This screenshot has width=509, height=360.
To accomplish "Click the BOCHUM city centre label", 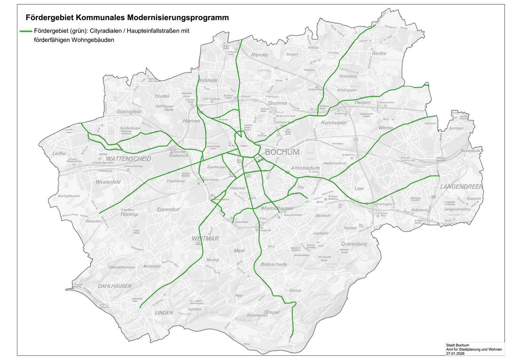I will pyautogui.click(x=282, y=152).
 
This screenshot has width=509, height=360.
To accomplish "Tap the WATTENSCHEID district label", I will pyautogui.click(x=128, y=159).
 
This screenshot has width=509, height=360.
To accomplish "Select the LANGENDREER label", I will pyautogui.click(x=461, y=187).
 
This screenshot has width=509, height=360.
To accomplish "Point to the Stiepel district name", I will pyautogui.click(x=271, y=312).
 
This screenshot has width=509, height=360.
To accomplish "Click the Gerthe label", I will pyautogui.click(x=379, y=53).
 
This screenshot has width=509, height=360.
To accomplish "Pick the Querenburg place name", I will pyautogui.click(x=354, y=244).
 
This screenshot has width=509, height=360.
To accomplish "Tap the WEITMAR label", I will pyautogui.click(x=205, y=239).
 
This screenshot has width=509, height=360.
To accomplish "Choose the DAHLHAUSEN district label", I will pyautogui.click(x=115, y=286).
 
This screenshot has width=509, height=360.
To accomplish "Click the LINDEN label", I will pyautogui.click(x=164, y=312).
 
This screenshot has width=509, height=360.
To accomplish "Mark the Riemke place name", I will pyautogui.click(x=259, y=55).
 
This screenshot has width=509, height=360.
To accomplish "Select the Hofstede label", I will pyautogui.click(x=207, y=80).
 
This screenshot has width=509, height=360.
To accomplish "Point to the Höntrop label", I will pyautogui.click(x=129, y=214).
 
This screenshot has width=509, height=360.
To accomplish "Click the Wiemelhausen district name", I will pyautogui.click(x=277, y=208).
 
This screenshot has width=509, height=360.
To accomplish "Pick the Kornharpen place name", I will pyautogui.click(x=334, y=123).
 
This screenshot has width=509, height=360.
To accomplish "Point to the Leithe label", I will pyautogui.click(x=59, y=153).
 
